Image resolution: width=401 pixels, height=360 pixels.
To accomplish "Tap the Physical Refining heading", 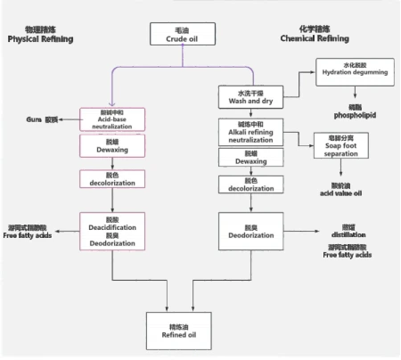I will [x=41, y=36].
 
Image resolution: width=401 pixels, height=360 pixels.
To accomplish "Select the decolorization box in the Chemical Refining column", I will [x=249, y=183].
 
